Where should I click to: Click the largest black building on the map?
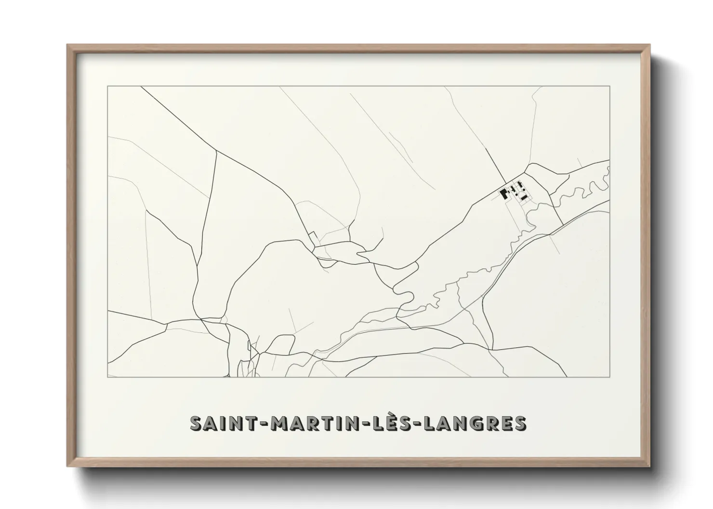click(x=504, y=194)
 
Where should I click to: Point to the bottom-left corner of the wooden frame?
click(x=68, y=467)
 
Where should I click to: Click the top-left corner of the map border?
click(x=108, y=86)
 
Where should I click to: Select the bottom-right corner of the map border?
click(x=610, y=377)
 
